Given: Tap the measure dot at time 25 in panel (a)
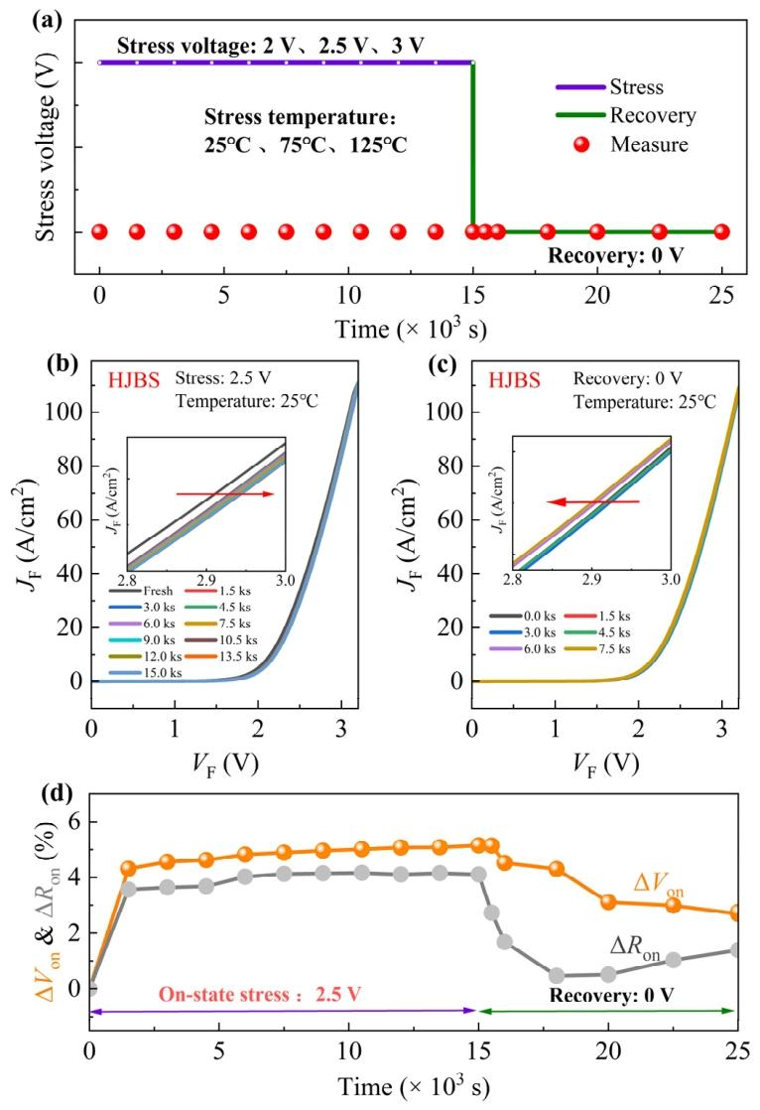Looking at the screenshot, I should pos(721,232).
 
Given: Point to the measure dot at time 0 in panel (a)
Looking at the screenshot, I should pos(99,232).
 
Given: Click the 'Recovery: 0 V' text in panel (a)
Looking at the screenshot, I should pos(618,266).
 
